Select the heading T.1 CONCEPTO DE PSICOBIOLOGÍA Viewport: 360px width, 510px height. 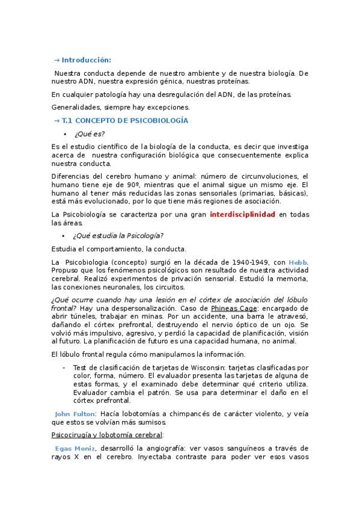click(x=124, y=121)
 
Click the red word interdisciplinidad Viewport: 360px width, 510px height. click(x=242, y=214)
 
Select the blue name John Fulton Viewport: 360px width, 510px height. click(x=74, y=414)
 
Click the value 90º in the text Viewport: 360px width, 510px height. click(x=133, y=185)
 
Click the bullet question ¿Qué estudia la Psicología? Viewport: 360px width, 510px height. click(x=118, y=235)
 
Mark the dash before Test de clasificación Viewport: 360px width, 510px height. click(x=64, y=367)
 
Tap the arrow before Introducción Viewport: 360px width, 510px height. click(x=56, y=60)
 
